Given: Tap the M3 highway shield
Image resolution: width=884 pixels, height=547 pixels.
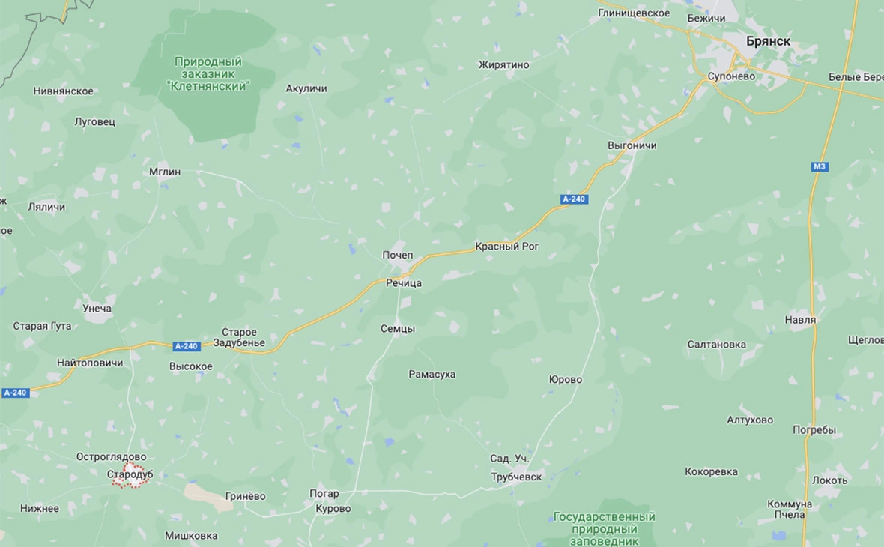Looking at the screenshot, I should tap(820, 166).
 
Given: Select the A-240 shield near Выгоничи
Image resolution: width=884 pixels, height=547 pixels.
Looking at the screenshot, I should tap(575, 199).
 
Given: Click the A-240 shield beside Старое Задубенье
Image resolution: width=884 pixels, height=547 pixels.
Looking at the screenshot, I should tap(186, 346).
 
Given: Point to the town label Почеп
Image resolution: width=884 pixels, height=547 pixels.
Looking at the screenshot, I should tap(398, 256).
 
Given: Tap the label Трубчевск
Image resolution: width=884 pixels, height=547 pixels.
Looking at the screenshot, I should tap(516, 477).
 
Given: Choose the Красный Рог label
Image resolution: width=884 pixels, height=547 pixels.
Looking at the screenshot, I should tap(507, 246).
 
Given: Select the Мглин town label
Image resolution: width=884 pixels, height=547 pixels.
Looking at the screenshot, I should tap(165, 172).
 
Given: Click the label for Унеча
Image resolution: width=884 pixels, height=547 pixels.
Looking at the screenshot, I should tap(97, 308).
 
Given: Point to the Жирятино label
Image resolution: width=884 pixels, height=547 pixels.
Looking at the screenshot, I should tap(504, 65).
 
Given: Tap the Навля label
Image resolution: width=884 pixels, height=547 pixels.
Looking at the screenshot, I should tap(800, 320).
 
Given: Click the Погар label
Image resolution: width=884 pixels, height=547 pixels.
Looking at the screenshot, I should tap(324, 494).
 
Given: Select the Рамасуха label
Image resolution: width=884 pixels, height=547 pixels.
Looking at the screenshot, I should tap(432, 374).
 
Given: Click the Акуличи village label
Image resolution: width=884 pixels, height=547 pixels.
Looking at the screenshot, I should tap(306, 88).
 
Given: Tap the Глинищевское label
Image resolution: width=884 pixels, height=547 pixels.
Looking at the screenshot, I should tap(634, 13).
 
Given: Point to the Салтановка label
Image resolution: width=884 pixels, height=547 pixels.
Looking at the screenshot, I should tap(717, 344).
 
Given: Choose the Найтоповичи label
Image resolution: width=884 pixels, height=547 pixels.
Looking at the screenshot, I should tap(90, 363).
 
